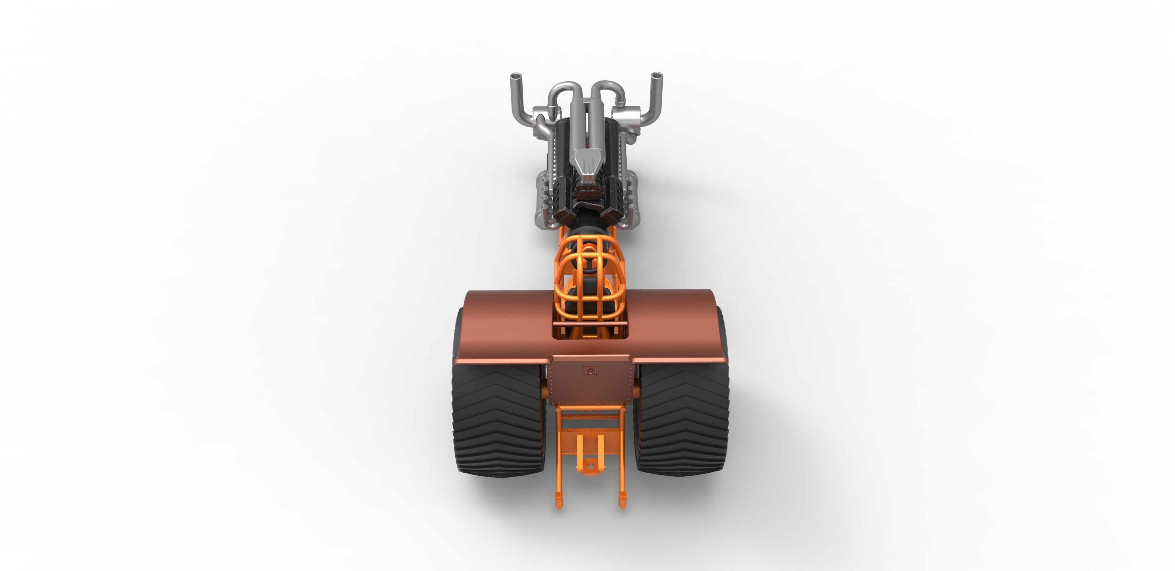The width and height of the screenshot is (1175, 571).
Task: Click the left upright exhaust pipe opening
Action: pos(515,75)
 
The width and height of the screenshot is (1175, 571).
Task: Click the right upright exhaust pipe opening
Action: pos(656,75)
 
